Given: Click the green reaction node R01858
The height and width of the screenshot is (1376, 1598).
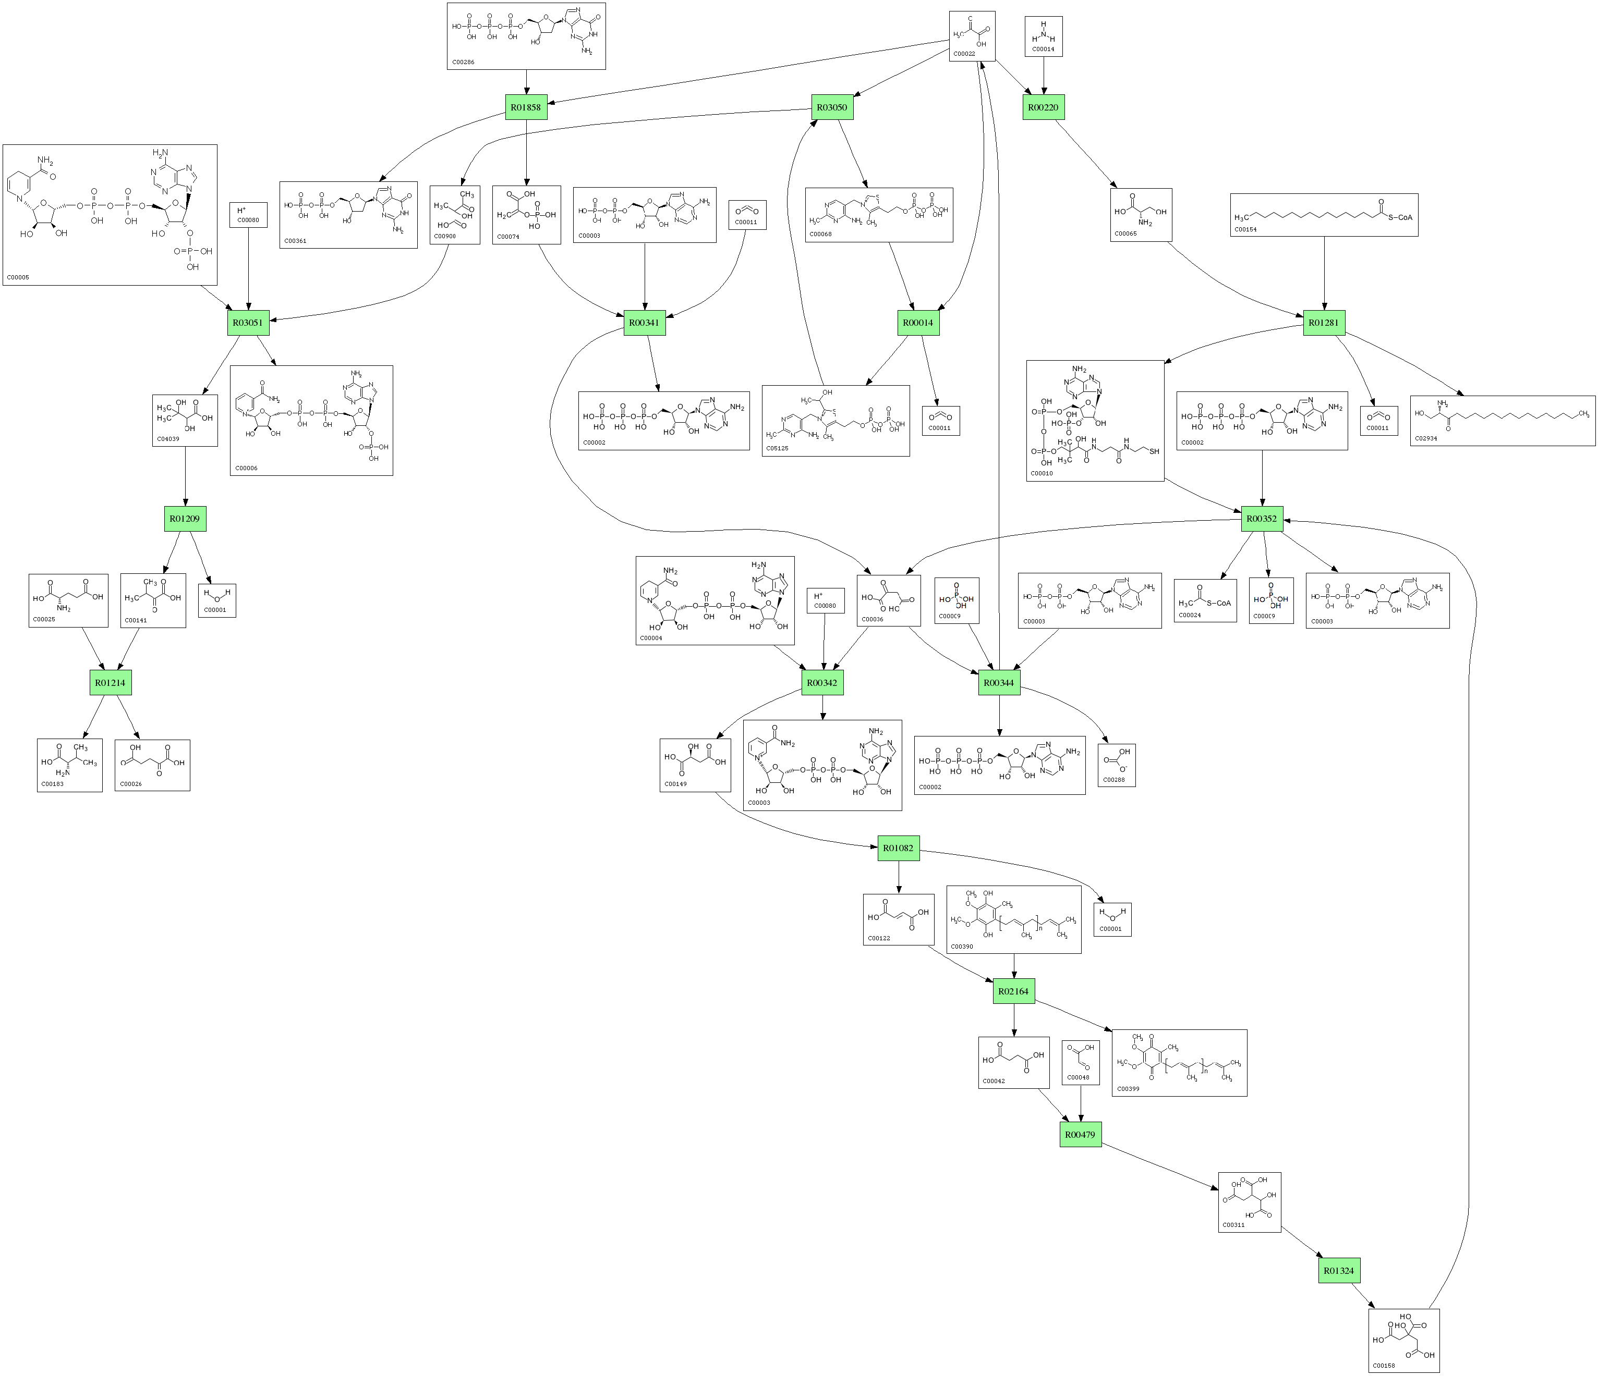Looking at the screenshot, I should pos(526,107).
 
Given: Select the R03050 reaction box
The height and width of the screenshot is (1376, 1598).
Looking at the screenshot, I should pos(832,107).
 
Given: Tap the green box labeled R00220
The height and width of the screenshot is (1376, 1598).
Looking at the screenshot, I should pos(1044,107).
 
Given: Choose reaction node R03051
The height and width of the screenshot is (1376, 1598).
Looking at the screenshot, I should pos(248,322).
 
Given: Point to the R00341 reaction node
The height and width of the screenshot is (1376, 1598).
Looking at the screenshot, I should pos(644,322).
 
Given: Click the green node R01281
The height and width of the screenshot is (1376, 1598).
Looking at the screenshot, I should pos(1324,322).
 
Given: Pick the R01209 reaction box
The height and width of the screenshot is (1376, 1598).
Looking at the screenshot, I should pos(185,519).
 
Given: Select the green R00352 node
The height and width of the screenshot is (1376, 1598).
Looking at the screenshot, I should pos(1262,519).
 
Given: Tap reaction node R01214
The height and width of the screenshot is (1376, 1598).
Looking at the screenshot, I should pos(110,682).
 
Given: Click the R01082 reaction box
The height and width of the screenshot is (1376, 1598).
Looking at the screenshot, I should pos(899,848).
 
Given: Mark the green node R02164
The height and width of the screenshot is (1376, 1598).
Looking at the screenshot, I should pos(1013,991).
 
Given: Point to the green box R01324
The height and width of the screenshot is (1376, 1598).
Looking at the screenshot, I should pos(1339,1270).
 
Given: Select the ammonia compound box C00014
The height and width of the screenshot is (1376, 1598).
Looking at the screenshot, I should pos(1044,36).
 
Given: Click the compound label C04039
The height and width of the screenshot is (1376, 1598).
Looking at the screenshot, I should pos(168,439).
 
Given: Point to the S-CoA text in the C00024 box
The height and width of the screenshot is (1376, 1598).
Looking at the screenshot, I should pos(1219,603).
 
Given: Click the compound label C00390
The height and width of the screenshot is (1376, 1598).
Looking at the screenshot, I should pos(962,947).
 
